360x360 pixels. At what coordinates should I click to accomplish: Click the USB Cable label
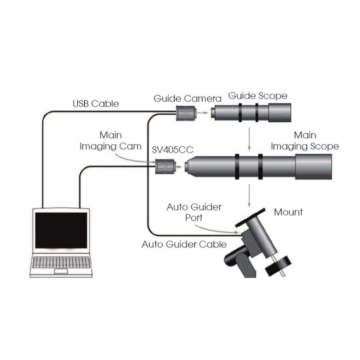pos(96,103)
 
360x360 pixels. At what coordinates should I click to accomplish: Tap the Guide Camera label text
pos(187,98)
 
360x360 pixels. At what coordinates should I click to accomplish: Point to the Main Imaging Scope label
pos(305,141)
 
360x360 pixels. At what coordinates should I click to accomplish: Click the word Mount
pos(288,211)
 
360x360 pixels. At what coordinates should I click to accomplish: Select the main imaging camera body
pos(163,167)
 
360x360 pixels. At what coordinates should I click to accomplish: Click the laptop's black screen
pos(62,230)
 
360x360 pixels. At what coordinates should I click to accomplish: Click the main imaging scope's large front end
pos(314,166)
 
